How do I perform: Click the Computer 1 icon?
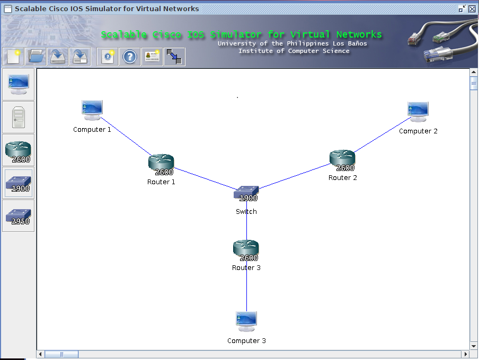[92, 110]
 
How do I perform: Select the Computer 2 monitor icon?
[418, 111]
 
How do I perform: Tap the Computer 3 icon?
[246, 321]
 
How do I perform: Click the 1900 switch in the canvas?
[246, 193]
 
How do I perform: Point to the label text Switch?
[246, 212]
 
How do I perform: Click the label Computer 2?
[418, 131]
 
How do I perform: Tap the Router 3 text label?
[246, 268]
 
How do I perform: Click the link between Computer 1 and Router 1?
[125, 136]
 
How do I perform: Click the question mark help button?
[130, 57]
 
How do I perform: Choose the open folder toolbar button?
[36, 57]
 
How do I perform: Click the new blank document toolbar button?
[13, 57]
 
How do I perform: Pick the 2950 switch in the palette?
[19, 216]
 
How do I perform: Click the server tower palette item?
[19, 118]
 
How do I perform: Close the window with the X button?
[472, 8]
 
